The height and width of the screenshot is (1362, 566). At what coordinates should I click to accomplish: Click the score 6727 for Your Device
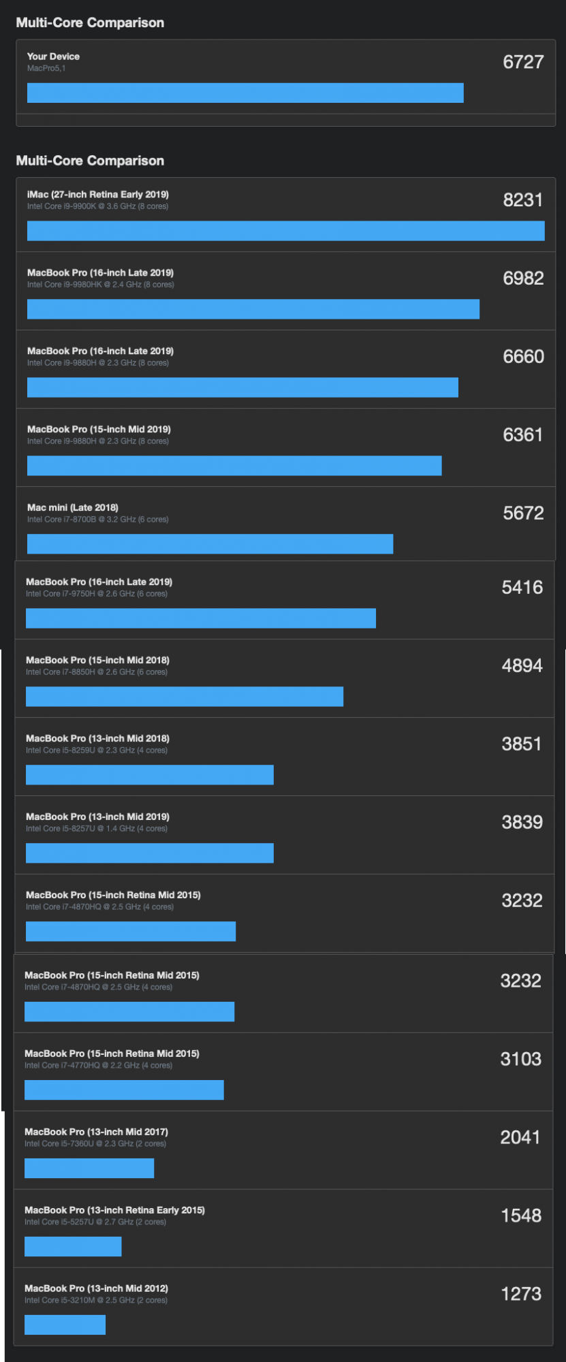(523, 62)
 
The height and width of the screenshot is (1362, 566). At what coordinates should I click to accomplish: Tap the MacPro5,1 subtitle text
(46, 68)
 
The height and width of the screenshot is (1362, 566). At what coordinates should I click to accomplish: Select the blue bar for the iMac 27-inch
(285, 231)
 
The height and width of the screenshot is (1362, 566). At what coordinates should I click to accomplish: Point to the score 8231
(522, 200)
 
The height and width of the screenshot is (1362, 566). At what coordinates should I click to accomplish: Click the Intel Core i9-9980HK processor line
(100, 285)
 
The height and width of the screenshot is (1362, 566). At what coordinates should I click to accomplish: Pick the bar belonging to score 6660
(242, 387)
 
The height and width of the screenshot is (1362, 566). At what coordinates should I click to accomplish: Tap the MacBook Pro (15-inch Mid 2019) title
(99, 429)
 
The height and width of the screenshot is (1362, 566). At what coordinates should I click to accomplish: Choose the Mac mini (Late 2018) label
(72, 507)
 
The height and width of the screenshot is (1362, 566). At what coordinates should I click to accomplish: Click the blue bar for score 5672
(210, 544)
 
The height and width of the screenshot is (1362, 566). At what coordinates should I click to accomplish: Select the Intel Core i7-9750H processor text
(96, 594)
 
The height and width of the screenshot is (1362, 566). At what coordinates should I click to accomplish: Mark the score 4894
(522, 666)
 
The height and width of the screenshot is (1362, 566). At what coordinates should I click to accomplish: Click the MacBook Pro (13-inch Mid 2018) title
(97, 738)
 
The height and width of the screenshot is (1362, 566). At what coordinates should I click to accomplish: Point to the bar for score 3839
(149, 853)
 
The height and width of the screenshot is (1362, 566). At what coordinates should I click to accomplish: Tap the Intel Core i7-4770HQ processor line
(98, 1065)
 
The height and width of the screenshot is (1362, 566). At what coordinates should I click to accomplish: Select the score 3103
(520, 1060)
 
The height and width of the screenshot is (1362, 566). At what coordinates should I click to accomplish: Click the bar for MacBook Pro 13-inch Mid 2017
(89, 1169)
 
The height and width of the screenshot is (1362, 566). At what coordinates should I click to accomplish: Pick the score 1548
(521, 1216)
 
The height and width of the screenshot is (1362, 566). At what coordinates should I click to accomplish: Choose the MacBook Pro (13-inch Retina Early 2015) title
(114, 1210)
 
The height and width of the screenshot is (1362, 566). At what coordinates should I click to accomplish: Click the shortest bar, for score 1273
(65, 1325)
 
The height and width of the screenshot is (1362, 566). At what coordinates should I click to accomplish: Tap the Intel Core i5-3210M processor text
(95, 1300)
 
